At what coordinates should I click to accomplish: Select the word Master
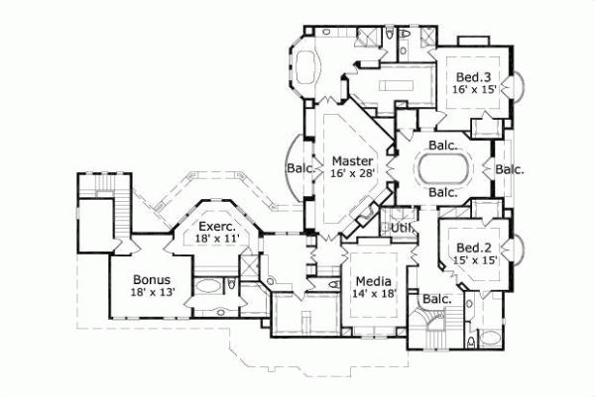(x=352, y=160)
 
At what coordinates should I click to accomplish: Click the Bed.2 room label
(x=469, y=248)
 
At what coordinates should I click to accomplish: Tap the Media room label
(x=374, y=281)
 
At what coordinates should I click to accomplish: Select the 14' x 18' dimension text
(x=374, y=294)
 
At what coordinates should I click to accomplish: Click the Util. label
(x=401, y=228)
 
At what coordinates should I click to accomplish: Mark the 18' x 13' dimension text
(x=153, y=293)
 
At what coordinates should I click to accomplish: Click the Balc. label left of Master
(x=299, y=168)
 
